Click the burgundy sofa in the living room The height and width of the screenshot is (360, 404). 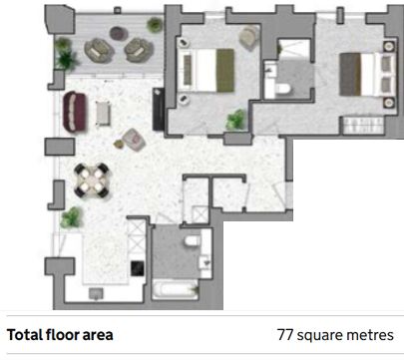click(75, 112)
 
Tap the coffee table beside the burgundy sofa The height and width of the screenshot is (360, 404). click(103, 113)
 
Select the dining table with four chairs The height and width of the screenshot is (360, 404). click(92, 180)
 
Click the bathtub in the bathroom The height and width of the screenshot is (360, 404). click(176, 289)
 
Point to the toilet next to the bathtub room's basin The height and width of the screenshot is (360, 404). click(193, 240)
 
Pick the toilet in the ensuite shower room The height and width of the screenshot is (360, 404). click(282, 89)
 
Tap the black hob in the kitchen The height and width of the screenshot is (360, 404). click(138, 268)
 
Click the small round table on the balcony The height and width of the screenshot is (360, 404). click(119, 33)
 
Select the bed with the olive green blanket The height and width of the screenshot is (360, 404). click(205, 70)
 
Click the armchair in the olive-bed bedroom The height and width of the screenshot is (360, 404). click(249, 37)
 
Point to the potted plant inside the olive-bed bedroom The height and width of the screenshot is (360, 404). click(236, 120)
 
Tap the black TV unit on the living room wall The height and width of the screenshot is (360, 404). click(159, 109)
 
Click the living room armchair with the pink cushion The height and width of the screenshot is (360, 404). click(134, 140)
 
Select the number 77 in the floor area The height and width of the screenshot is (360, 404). click(285, 335)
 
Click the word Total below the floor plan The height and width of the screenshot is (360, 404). click(25, 335)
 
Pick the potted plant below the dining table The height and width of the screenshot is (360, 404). click(71, 217)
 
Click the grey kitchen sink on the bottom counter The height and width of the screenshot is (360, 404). click(96, 293)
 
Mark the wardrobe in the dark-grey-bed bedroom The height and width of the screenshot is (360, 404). click(363, 125)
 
